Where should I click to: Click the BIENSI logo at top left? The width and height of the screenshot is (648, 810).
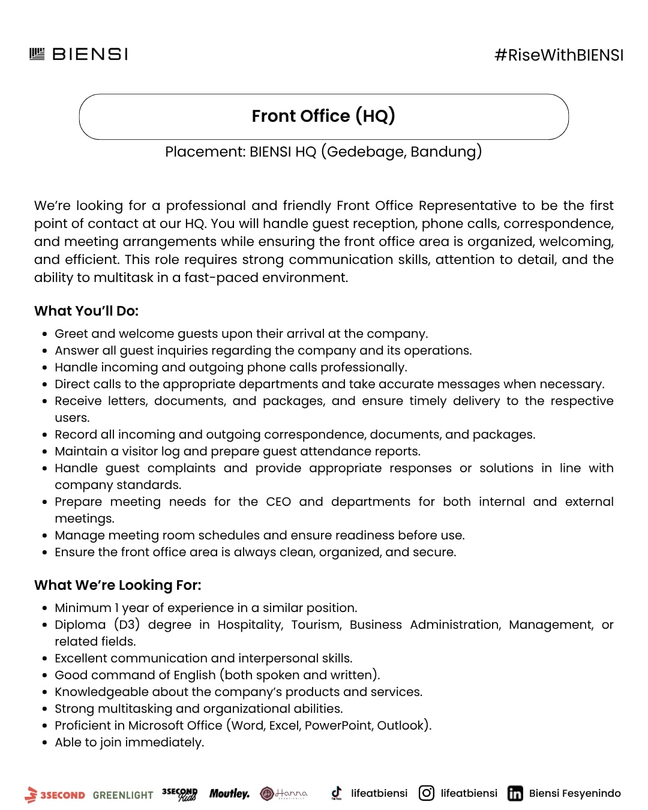[79, 54]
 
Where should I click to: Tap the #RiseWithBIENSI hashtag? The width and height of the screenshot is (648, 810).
[559, 55]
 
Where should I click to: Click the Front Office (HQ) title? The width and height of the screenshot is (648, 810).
[323, 116]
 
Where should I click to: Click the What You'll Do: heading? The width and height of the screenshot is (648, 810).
[86, 311]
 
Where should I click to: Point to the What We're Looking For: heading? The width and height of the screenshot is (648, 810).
[118, 585]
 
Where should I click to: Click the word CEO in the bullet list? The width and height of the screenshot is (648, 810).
[278, 502]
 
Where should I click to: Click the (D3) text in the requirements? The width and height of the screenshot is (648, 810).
[127, 625]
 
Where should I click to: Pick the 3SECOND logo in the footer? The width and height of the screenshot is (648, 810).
[55, 794]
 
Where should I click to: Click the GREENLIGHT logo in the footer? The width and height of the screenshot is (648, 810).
[123, 795]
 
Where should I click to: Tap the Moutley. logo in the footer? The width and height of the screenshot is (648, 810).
[229, 794]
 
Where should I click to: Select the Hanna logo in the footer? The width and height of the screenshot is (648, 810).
[284, 793]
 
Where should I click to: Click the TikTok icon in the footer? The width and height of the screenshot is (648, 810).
[337, 793]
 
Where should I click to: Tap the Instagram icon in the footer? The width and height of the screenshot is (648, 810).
[427, 793]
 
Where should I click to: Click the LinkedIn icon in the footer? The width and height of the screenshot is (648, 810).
[515, 793]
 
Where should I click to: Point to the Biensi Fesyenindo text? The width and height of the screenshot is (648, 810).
[575, 793]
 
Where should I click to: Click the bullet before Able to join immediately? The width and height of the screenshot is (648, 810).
[45, 743]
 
